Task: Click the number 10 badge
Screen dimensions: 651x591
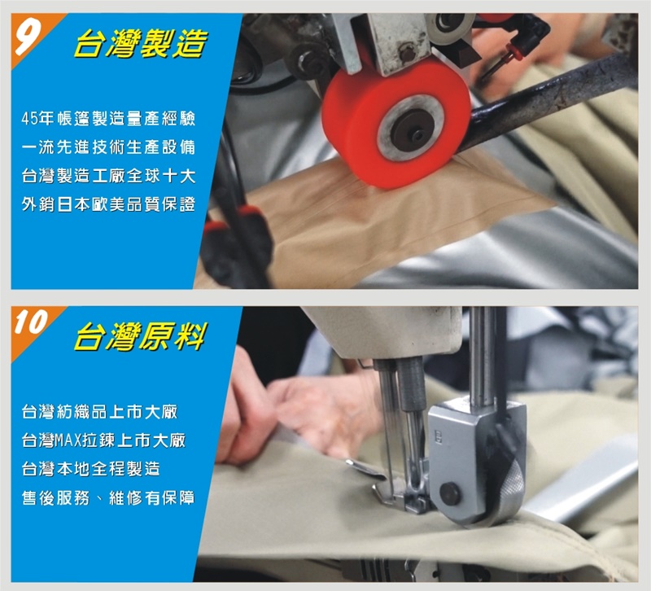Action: [30, 323]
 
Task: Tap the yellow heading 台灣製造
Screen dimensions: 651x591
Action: [140, 44]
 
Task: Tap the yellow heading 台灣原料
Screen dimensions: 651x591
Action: [140, 336]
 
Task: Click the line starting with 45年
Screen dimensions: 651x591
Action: [108, 119]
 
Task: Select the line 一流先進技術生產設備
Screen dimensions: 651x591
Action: [108, 147]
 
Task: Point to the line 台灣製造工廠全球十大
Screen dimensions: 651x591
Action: [108, 176]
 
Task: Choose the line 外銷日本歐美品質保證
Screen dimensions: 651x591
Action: [108, 205]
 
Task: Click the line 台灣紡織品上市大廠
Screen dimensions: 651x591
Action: [99, 412]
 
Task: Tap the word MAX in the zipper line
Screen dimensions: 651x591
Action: [68, 440]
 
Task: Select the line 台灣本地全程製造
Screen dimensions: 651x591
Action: [91, 469]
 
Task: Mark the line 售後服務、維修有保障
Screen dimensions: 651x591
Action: [108, 497]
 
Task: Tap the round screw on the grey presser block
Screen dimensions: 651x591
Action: [450, 494]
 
